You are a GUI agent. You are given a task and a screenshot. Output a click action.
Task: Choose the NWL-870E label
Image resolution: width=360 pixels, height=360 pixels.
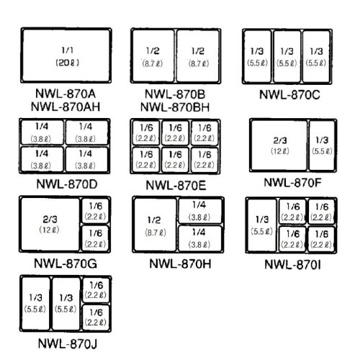[x=176, y=185]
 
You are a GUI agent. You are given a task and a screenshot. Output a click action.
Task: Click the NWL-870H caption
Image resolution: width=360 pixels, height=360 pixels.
[x=179, y=263]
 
